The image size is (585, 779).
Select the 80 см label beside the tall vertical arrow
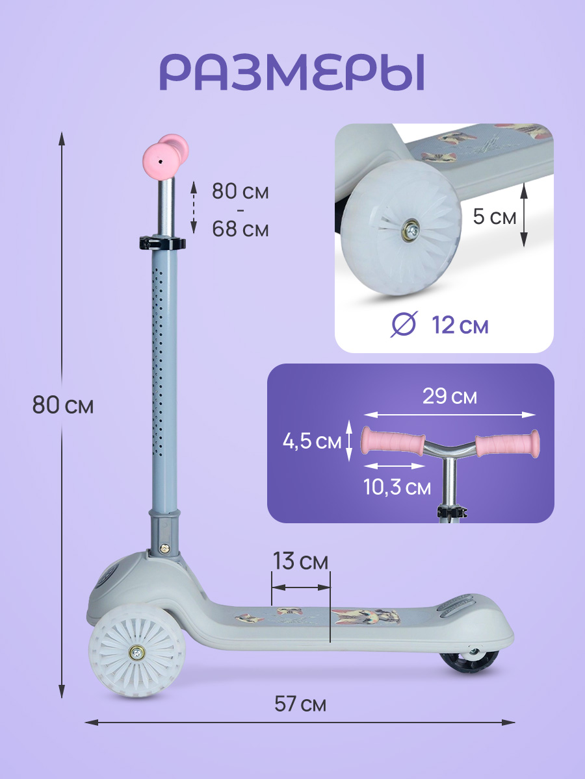pyautogui.click(x=63, y=405)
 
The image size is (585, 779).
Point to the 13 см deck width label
pyautogui.click(x=300, y=562)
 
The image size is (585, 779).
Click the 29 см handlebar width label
pyautogui.click(x=450, y=396)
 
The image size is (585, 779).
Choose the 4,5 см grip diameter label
pyautogui.click(x=312, y=442)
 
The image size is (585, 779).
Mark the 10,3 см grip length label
pyautogui.click(x=397, y=487)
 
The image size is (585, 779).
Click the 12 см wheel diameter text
pyautogui.click(x=460, y=325)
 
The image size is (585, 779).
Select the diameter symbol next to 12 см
pyautogui.click(x=404, y=324)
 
